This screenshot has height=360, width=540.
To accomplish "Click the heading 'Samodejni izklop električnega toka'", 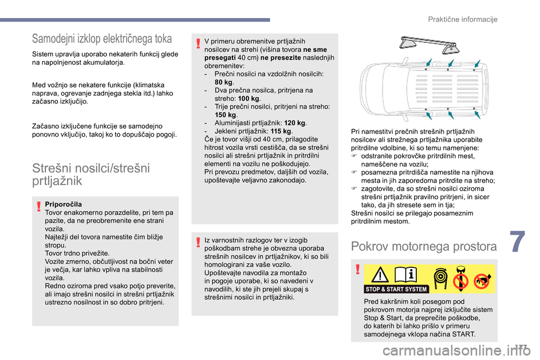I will coord(102,39).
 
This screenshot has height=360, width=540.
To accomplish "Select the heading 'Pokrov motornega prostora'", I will coord(424,246).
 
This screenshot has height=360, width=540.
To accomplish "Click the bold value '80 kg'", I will coord(224,82).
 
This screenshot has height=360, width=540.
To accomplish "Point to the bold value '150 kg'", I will coord(224,114).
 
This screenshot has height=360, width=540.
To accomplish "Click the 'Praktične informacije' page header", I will coord(463,20).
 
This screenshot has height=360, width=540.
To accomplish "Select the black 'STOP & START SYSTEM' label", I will coord(397,289).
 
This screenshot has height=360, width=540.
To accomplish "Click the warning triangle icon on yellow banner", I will coord(380,276).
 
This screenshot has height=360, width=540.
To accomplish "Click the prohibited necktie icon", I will coord(460,277).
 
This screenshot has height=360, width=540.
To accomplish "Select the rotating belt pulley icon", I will coord(439,277).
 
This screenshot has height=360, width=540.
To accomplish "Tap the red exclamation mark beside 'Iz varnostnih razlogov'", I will coord(198,242).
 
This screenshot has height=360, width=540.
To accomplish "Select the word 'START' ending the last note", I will coord(463,334).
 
